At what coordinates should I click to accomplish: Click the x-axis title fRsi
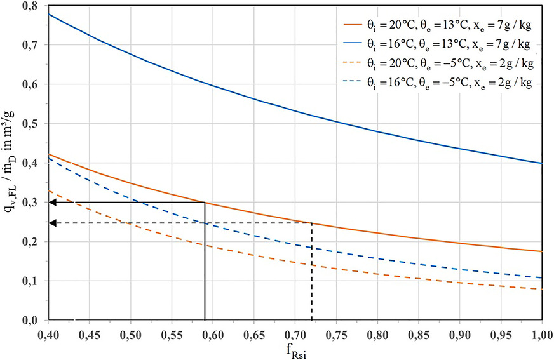295,350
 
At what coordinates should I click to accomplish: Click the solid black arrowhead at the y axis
53,203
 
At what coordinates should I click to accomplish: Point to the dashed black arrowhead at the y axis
53,223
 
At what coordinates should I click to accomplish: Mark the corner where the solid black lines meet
205,203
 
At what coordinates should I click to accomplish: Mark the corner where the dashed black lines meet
312,223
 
